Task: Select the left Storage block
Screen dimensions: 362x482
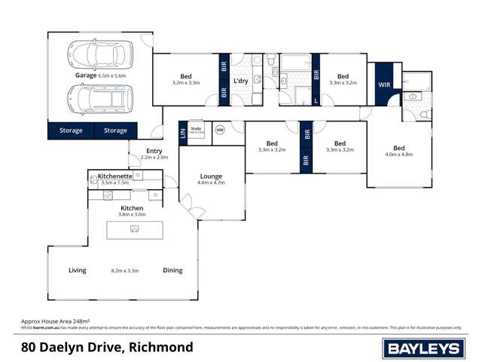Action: click(71, 130)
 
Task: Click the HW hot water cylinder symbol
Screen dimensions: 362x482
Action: click(220, 130)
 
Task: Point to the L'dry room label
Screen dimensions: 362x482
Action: click(241, 81)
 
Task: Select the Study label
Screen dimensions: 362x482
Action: click(196, 128)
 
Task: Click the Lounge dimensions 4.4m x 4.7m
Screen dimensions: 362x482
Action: click(211, 183)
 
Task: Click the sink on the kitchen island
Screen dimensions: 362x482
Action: click(135, 229)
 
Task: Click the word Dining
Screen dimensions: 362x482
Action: click(172, 270)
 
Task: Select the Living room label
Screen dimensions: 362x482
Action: click(78, 270)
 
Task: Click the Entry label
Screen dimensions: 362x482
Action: click(154, 151)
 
